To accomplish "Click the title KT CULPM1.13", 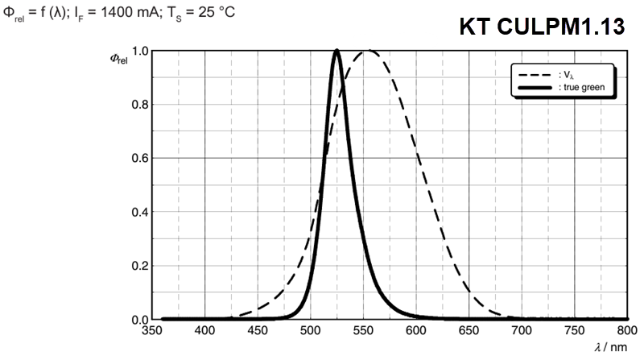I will [542, 27].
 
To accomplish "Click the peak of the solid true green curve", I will [336, 52].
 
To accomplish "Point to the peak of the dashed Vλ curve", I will [368, 51].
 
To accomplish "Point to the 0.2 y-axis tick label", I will [139, 266].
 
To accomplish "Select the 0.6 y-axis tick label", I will [139, 158].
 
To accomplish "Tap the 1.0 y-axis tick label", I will [139, 51].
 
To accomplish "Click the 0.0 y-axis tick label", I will [139, 320].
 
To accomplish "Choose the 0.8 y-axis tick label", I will [139, 105].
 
